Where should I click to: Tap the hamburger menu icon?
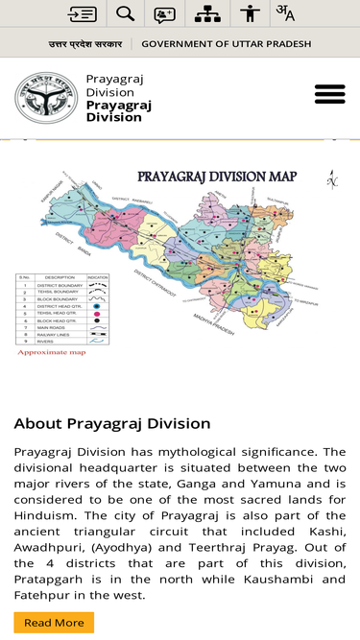coord(329,94)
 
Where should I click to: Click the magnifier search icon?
coord(125,13)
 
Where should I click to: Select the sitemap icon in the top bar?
coord(207,13)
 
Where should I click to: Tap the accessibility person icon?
coord(250,13)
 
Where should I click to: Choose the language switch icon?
coord(285,13)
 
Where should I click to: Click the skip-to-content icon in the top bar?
coord(83,13)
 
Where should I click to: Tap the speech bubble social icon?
coord(165,13)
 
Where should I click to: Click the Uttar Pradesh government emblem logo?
coord(45,98)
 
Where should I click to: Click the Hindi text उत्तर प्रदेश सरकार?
coord(85,44)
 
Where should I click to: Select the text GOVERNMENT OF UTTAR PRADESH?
coord(226,44)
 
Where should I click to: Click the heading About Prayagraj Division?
coord(112,423)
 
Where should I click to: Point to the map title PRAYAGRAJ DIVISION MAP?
coord(217,177)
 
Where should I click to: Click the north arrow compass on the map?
coord(332,179)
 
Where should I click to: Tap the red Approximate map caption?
coord(52,352)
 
